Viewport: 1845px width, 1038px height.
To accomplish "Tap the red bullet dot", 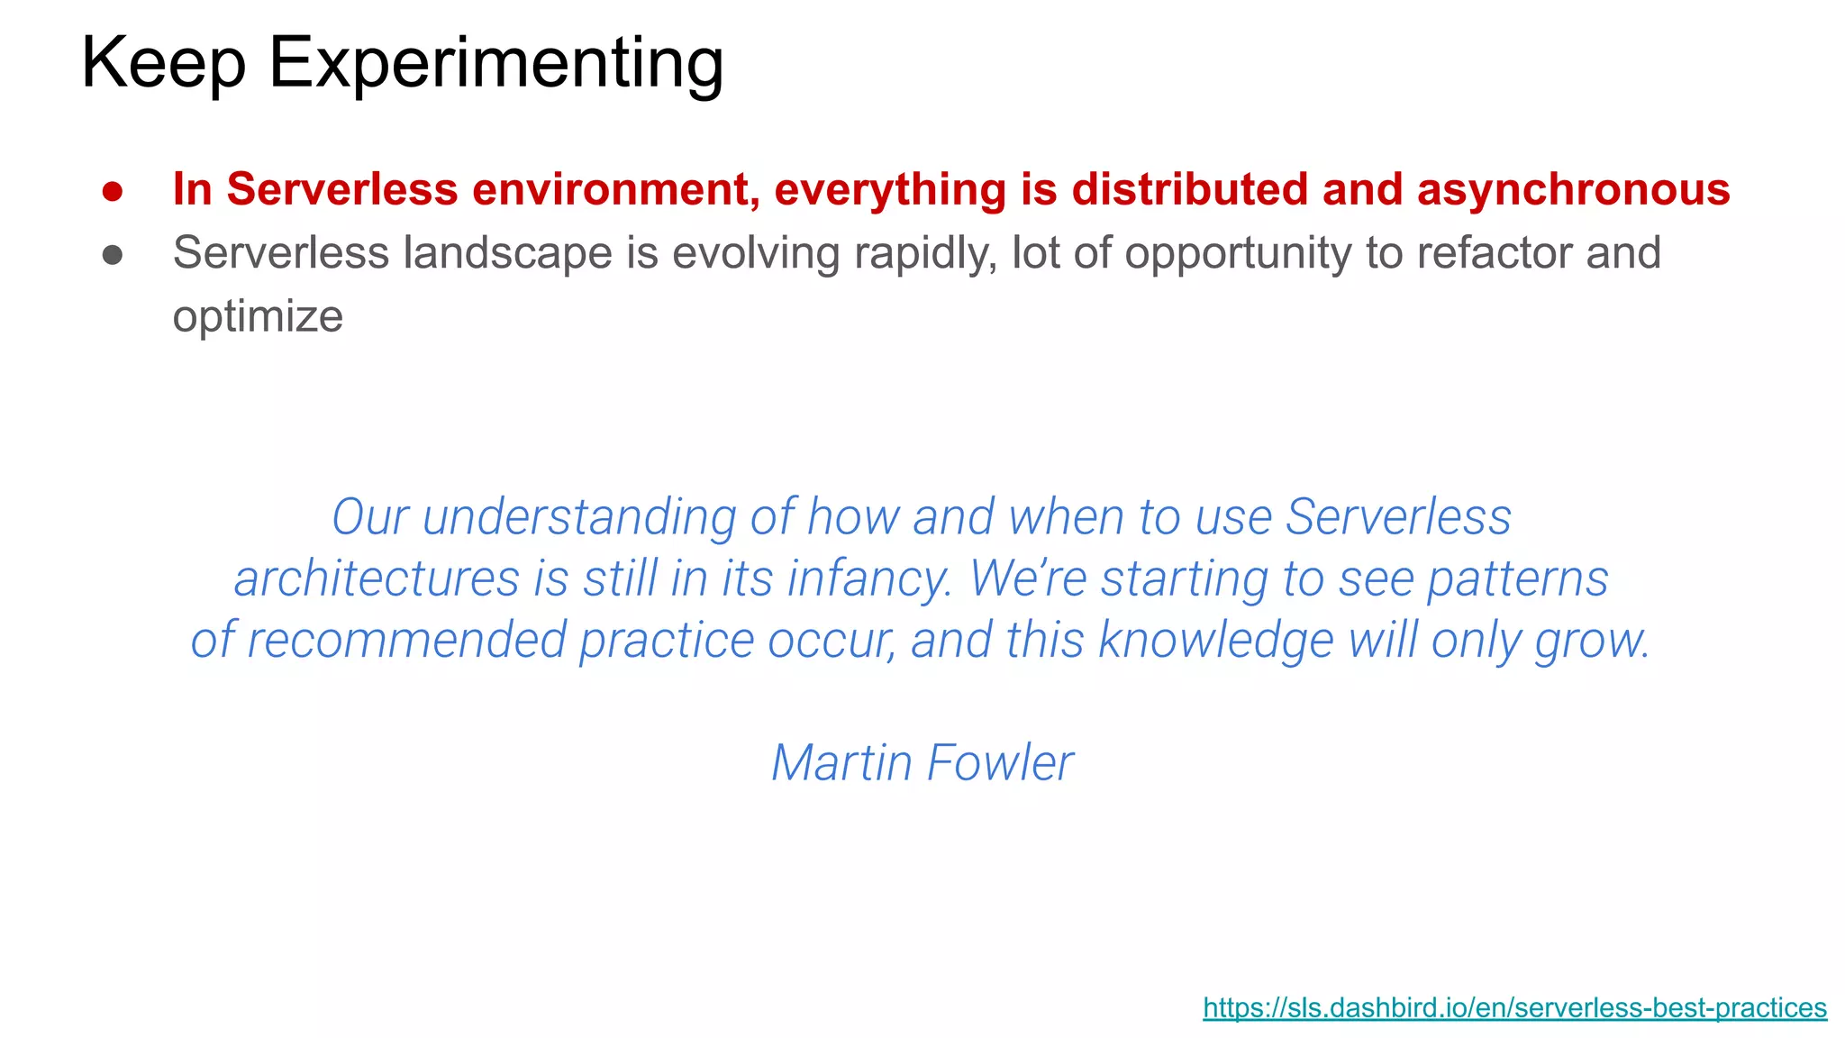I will tap(113, 191).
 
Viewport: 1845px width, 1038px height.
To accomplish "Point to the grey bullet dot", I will tap(113, 255).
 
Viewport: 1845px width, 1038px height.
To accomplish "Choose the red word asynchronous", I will tap(1573, 189).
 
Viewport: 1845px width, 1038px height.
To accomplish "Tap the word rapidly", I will tap(925, 252).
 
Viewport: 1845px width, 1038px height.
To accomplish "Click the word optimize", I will tap(258, 317).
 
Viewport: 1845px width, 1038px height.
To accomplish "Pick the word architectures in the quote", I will tap(377, 578).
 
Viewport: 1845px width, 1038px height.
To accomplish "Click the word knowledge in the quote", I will tap(1216, 640).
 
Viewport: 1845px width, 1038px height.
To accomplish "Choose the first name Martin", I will tap(842, 762).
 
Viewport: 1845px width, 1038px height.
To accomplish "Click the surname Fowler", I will tap(1000, 762).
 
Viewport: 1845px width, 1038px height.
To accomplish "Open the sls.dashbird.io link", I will tap(1514, 1007).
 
